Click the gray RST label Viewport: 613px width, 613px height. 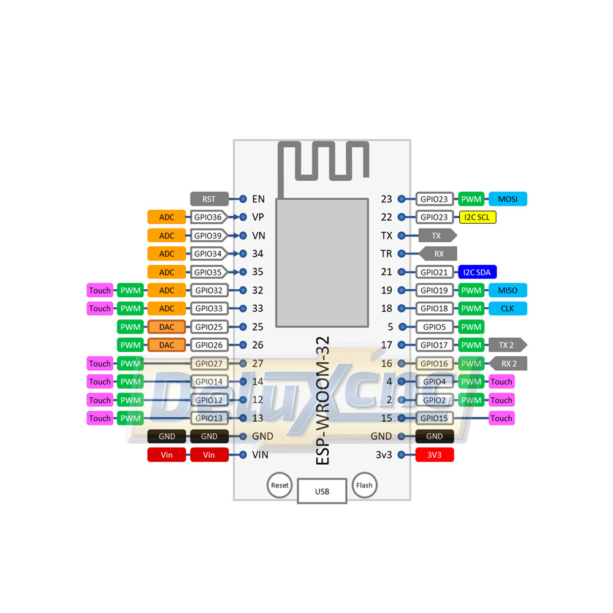coord(209,199)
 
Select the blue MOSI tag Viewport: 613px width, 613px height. coord(508,199)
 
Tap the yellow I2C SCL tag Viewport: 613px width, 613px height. coord(478,217)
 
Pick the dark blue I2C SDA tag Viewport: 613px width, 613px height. coord(478,272)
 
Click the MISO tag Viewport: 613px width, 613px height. coord(508,290)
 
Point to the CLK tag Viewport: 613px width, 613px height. coord(508,308)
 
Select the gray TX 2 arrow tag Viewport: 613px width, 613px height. coord(508,345)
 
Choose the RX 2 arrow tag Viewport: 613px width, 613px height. coord(508,364)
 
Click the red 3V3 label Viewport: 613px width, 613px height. coord(435,455)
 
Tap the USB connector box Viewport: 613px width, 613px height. coord(322,491)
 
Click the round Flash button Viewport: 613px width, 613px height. coord(364,485)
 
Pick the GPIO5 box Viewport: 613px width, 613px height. coord(435,327)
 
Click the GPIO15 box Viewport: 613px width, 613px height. coord(435,418)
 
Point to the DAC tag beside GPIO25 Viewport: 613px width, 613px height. coord(167,327)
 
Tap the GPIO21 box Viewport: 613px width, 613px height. coord(435,272)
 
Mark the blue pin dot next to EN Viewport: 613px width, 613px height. coord(243,199)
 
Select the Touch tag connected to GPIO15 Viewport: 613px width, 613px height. coord(501,418)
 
